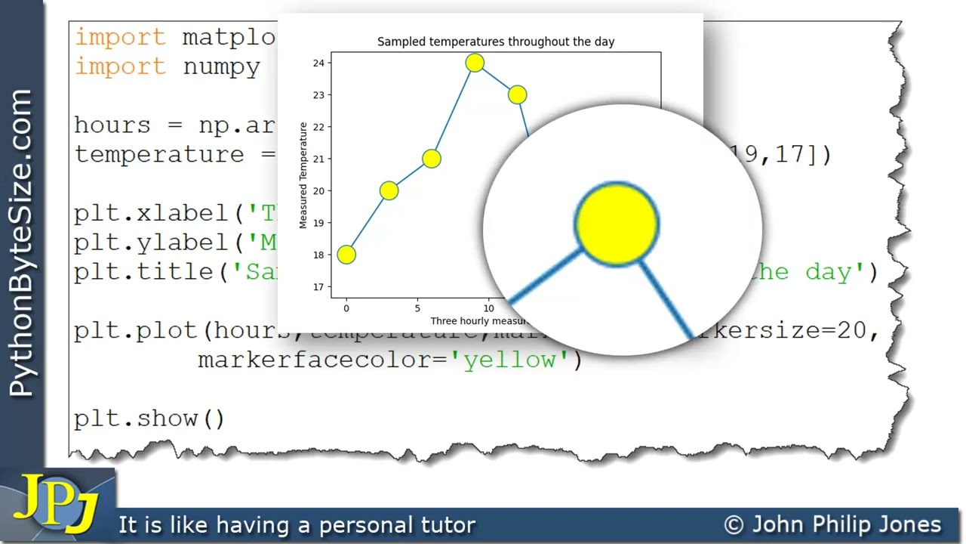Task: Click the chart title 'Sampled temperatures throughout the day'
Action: coord(496,42)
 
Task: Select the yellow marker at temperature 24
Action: coord(475,63)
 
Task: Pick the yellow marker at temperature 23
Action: coord(517,94)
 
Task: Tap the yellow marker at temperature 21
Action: coord(431,159)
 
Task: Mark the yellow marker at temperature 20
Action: coord(389,190)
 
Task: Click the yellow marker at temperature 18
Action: coord(346,255)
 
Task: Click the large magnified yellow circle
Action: coord(617,224)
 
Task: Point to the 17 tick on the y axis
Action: coord(318,287)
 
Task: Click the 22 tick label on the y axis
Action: coord(318,127)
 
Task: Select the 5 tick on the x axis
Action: coord(417,308)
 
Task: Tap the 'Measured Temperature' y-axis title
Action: coord(303,175)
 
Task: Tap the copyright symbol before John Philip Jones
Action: coord(734,525)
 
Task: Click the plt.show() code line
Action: coord(149,418)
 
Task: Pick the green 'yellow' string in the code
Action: coord(510,360)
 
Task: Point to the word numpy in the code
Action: coord(222,66)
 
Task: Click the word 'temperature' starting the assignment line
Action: coord(159,155)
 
